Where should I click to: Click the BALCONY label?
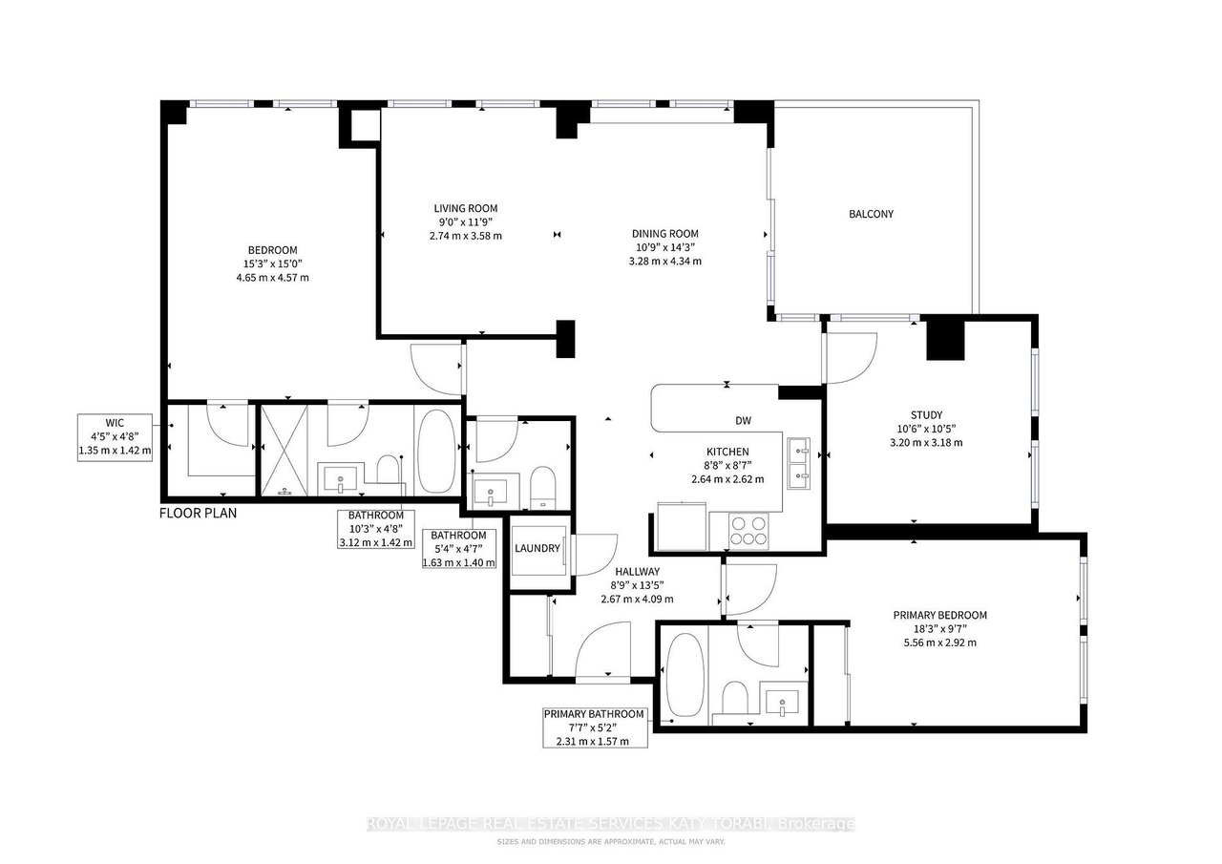(x=871, y=214)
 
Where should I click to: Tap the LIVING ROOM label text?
(x=466, y=208)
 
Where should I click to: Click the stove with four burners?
(x=748, y=529)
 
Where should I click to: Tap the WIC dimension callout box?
(x=115, y=437)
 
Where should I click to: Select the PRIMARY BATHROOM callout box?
(x=594, y=727)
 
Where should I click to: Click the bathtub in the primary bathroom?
(x=684, y=676)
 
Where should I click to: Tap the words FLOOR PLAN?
(x=198, y=514)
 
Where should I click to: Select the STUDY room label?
(x=926, y=414)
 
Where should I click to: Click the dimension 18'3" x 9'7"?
(x=939, y=629)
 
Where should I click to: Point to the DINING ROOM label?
(x=665, y=233)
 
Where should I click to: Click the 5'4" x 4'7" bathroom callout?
(x=459, y=549)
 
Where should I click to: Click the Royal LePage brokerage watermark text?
(x=611, y=824)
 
